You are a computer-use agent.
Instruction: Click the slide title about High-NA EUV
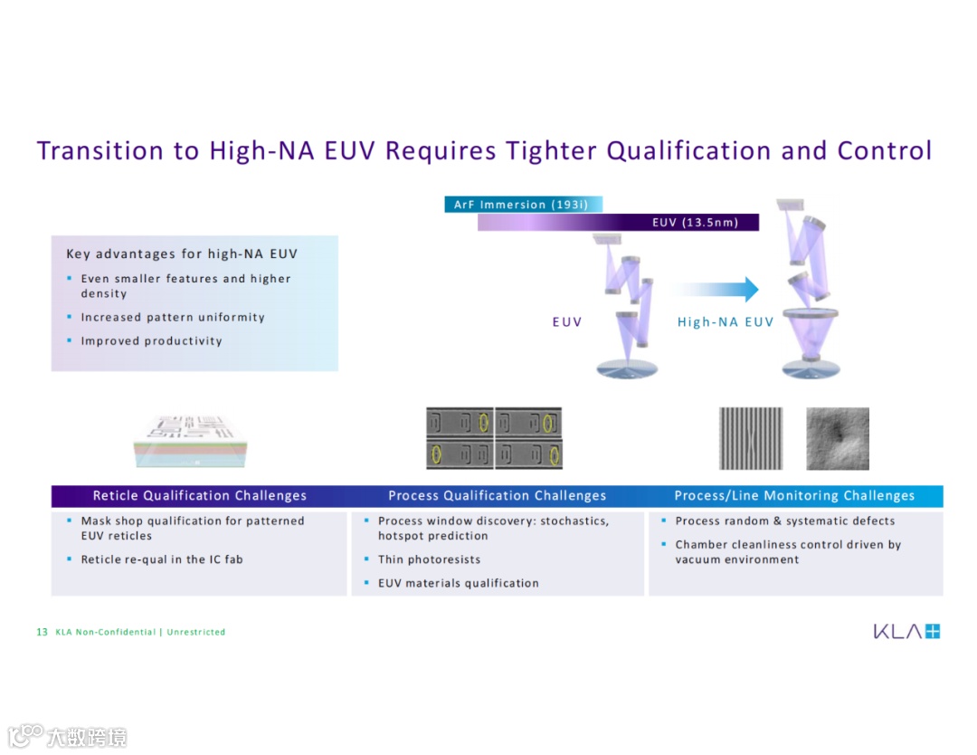click(484, 150)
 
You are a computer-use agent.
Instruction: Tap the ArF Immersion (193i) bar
click(524, 205)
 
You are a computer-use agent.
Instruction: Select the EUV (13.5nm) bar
click(618, 223)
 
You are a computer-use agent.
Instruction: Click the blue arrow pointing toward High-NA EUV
click(715, 290)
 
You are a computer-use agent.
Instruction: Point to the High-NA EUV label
click(726, 321)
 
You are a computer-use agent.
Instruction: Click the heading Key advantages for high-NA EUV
click(182, 254)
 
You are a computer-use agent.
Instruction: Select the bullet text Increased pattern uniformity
click(173, 318)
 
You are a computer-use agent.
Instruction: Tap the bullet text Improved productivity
click(151, 341)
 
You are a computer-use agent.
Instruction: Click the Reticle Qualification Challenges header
click(200, 496)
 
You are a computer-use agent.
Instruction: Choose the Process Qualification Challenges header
click(497, 496)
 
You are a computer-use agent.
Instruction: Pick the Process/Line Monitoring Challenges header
click(794, 496)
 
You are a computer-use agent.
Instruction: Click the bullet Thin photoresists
click(429, 559)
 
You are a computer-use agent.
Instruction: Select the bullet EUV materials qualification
click(458, 583)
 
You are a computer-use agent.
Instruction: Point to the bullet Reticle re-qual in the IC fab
click(162, 559)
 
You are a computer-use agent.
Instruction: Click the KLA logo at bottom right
click(906, 631)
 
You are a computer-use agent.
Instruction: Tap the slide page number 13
click(42, 632)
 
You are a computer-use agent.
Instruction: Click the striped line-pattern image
click(750, 438)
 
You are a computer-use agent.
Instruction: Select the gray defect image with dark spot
click(837, 438)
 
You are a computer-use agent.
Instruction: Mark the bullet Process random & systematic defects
click(784, 521)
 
